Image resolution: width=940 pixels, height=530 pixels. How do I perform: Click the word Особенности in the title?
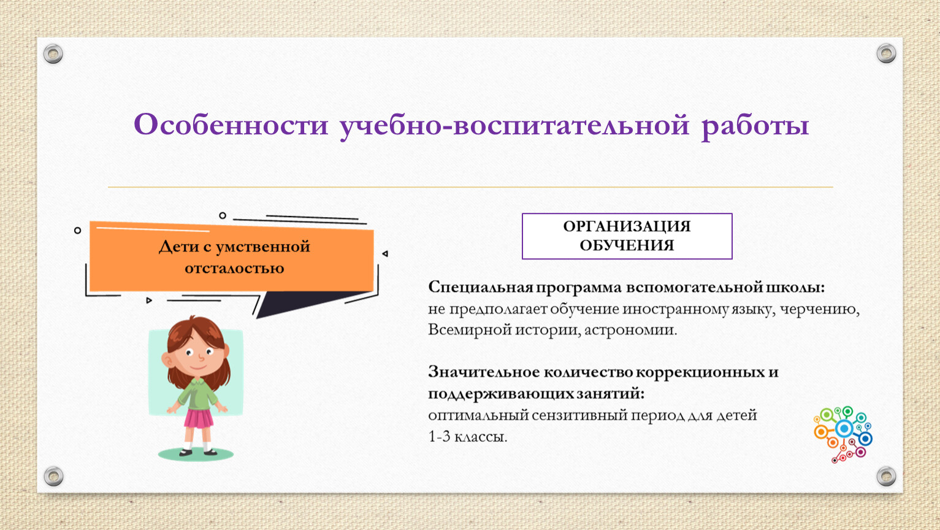231,125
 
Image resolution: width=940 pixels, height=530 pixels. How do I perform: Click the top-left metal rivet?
53,54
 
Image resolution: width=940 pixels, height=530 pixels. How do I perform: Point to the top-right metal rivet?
886,53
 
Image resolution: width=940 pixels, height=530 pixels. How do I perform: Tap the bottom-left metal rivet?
54,476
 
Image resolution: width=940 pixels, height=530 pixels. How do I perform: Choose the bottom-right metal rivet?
886,476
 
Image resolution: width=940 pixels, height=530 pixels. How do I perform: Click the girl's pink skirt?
199,418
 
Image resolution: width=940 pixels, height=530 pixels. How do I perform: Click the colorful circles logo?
843,434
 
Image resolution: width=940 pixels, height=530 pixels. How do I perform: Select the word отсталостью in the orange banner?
234,268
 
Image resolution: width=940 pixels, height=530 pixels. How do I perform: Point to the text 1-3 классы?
467,437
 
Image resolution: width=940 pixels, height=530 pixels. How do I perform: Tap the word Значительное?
484,372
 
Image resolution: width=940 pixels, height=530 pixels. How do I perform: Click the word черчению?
820,310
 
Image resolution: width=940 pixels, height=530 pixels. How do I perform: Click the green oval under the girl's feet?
196,454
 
